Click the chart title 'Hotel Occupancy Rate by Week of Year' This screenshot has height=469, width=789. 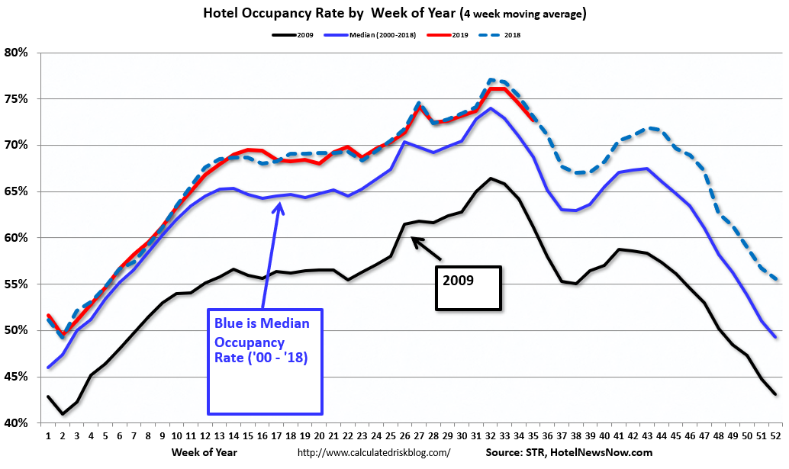tap(394, 14)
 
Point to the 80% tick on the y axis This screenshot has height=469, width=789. tap(16, 53)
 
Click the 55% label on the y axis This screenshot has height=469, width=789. tap(16, 284)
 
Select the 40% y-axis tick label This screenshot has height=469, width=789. tap(16, 423)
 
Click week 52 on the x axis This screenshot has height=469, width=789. tap(775, 437)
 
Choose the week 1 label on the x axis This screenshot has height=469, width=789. tap(47, 437)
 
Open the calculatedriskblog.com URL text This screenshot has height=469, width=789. tap(373, 453)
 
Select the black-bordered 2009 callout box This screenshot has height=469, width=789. tap(468, 288)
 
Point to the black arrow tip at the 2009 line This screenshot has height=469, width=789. tap(413, 238)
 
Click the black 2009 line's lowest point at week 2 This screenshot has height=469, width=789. tap(63, 414)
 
